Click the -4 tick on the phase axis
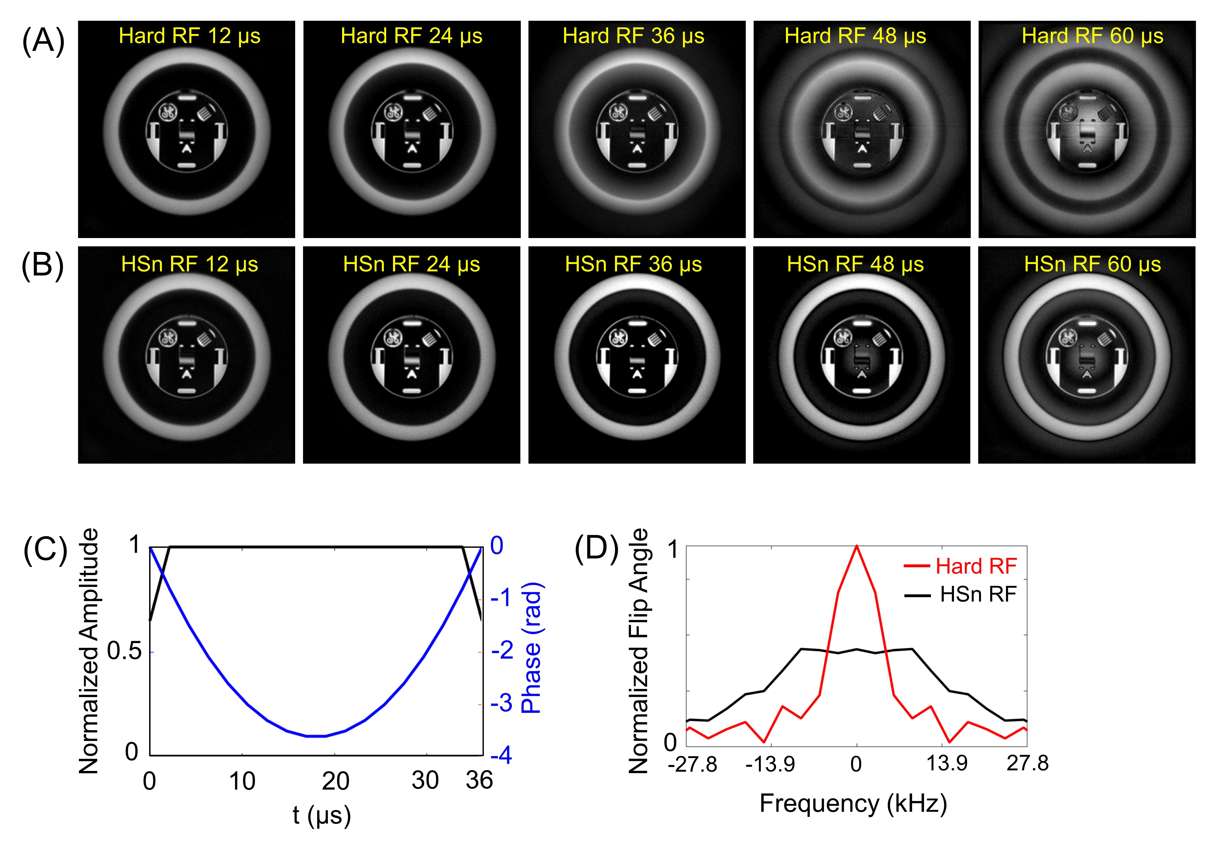pos(501,756)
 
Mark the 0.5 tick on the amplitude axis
pos(125,652)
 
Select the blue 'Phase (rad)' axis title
pos(531,648)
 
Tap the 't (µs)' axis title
pos(321,815)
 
